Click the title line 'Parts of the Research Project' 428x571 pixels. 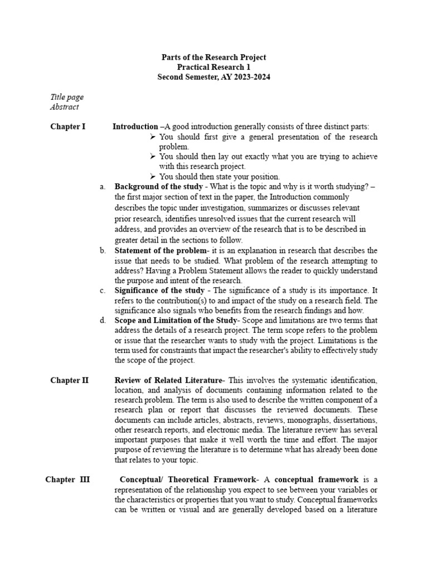coord(213,57)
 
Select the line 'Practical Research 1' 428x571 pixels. coord(213,67)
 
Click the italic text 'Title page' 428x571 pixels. coord(67,97)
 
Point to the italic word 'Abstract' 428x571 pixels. coord(65,107)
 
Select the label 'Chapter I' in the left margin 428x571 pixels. coord(68,127)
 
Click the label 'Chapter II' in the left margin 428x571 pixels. coord(69,381)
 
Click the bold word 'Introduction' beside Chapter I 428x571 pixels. coord(135,127)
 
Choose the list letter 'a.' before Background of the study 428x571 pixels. coord(103,187)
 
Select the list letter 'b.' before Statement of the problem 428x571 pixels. coord(103,250)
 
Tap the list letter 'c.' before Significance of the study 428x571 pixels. coord(103,291)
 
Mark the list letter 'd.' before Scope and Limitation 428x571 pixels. coord(103,321)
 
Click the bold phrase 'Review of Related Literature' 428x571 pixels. coord(168,381)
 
